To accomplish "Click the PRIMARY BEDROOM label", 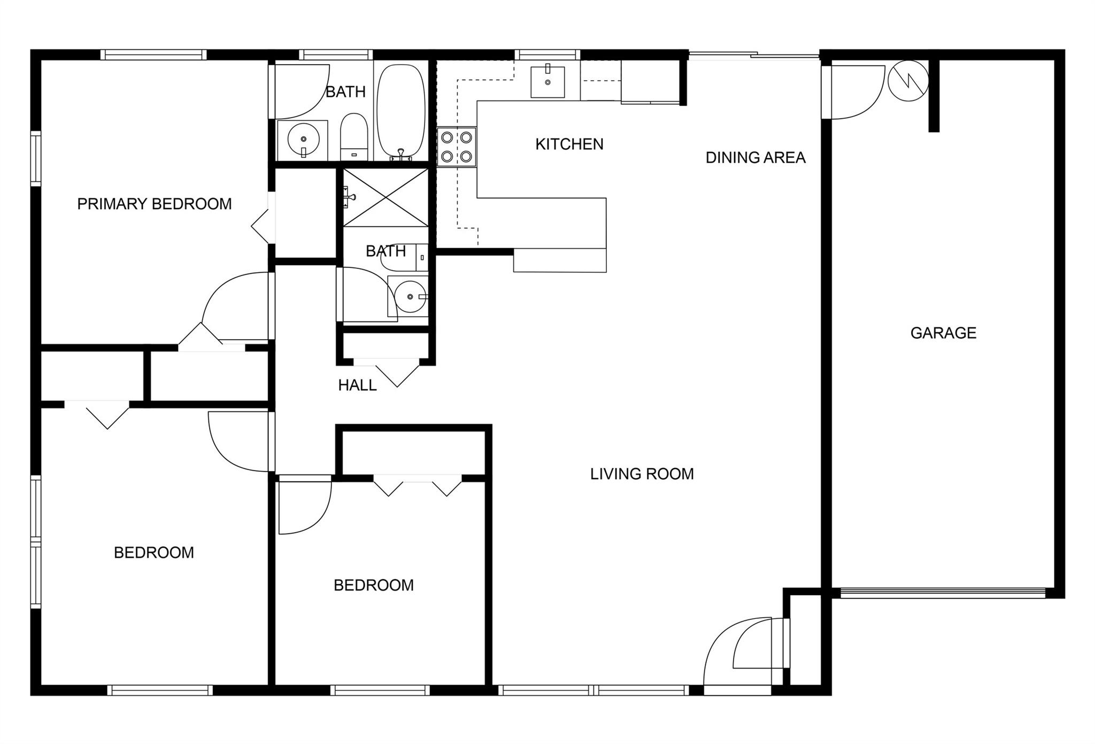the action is click(155, 204).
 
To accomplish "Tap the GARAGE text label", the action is click(943, 333).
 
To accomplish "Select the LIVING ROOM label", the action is click(642, 473).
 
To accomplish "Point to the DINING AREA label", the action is click(755, 157).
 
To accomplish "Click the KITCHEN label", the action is click(569, 144).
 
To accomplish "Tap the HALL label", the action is click(357, 385).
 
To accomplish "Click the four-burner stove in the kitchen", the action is click(457, 147).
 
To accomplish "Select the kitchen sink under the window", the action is click(547, 82).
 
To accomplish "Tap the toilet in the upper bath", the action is click(354, 136).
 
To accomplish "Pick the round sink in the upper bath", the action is click(303, 140).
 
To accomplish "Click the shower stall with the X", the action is click(385, 197).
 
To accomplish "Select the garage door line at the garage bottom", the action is click(943, 593).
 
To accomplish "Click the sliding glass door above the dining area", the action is click(754, 55).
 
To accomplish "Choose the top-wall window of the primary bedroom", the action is click(153, 55).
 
